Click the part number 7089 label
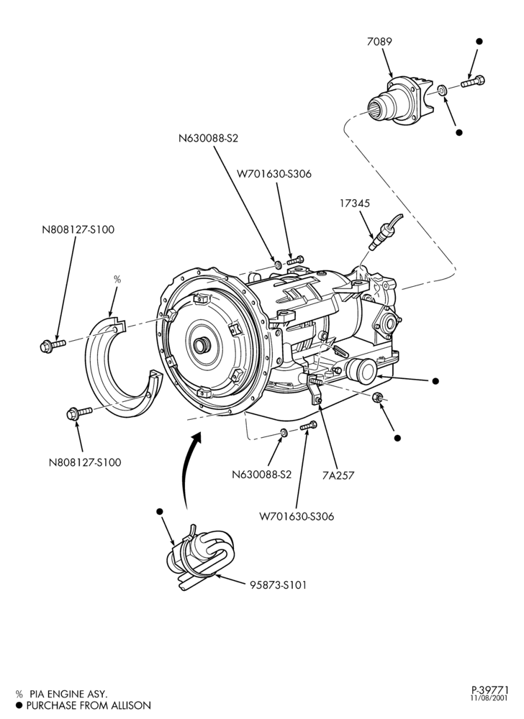point(379,42)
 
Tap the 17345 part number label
point(355,203)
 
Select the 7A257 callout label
point(338,475)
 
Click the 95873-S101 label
point(279,585)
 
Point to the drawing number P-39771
point(490,702)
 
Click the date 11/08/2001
point(489,711)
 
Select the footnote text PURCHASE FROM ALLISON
point(89,705)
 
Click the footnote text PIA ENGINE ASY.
point(68,695)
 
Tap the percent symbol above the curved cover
point(117,279)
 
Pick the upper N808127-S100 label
point(78,230)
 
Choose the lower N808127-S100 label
point(86,462)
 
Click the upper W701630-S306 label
point(274,174)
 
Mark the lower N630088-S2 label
point(261,474)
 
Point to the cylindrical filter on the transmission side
point(360,372)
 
